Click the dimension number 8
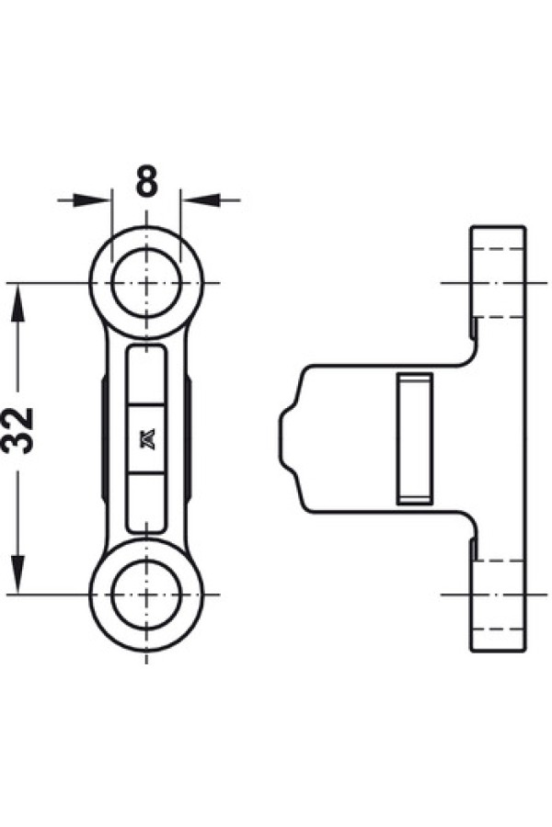[146, 181]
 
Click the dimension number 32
[18, 430]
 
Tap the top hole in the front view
[146, 283]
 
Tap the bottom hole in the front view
[146, 595]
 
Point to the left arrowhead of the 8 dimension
[94, 200]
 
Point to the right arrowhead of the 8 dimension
[200, 200]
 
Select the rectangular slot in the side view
[414, 437]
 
